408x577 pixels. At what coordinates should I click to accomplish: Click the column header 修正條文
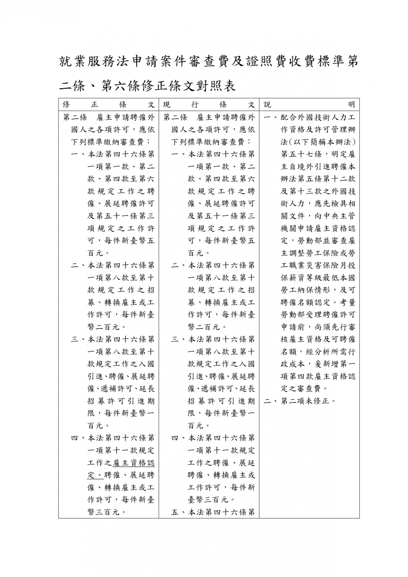(x=108, y=105)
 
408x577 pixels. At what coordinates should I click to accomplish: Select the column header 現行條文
(x=209, y=105)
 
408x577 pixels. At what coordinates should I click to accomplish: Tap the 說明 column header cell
(x=309, y=105)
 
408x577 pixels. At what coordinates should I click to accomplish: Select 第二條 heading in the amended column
(x=75, y=118)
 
